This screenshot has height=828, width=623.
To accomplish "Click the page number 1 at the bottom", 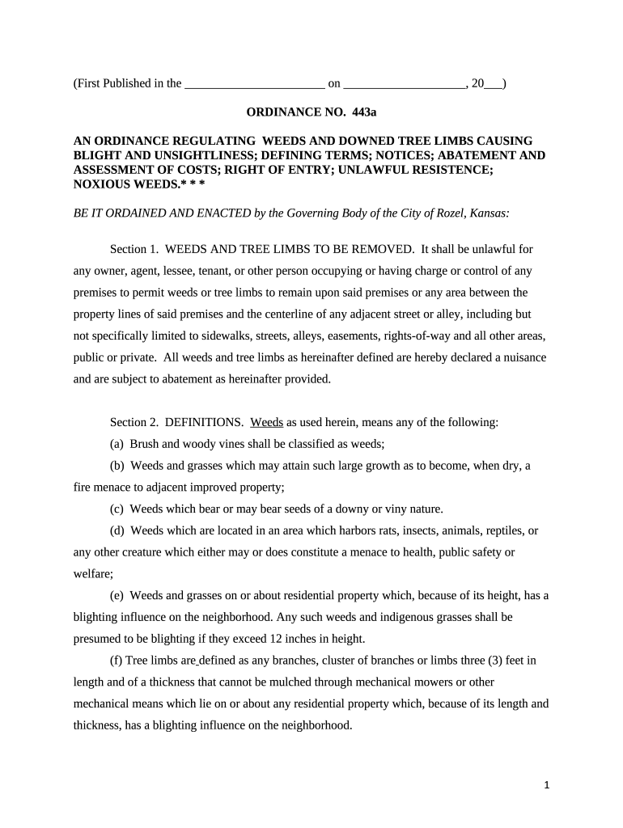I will click(x=548, y=785).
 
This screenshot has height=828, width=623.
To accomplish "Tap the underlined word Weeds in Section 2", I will click(x=267, y=422).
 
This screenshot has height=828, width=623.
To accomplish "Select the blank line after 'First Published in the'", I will click(x=255, y=83).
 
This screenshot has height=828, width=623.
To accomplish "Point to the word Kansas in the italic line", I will click(x=485, y=213).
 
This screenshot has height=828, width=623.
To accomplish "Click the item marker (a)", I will click(x=118, y=444).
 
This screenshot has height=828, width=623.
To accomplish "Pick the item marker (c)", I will click(x=118, y=509).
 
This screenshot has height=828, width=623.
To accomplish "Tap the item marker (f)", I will click(x=117, y=661).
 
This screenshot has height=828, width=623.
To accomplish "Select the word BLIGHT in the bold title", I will click(x=98, y=155).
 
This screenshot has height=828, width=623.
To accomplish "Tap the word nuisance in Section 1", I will click(x=525, y=357).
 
